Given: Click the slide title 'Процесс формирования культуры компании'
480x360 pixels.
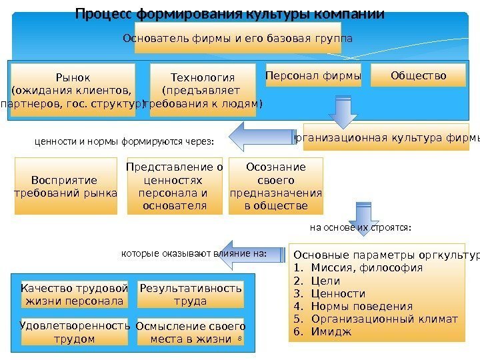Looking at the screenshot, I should (x=230, y=14).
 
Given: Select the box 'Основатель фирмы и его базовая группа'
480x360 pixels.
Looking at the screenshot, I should (x=238, y=39).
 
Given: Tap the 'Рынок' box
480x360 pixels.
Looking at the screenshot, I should (x=73, y=90).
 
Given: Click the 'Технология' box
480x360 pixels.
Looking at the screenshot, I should (x=203, y=90).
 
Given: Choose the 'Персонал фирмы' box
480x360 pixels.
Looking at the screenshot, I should (x=313, y=76).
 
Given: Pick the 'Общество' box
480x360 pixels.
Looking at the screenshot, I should (x=418, y=76).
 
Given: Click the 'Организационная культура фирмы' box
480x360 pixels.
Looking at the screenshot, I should (x=386, y=138).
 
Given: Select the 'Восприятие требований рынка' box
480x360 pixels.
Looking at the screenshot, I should (x=65, y=186).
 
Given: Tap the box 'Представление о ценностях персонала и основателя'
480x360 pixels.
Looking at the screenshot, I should (x=175, y=186).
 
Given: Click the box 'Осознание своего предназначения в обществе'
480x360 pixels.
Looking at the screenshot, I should (x=275, y=186).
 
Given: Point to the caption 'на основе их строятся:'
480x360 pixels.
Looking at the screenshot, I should (x=361, y=227).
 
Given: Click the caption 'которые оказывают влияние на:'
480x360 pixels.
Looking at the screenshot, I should (x=193, y=253).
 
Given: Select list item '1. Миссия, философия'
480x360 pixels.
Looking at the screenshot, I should (x=358, y=268).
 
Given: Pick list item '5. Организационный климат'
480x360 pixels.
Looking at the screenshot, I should (x=376, y=319).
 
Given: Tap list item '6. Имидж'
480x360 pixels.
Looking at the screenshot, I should (x=322, y=331).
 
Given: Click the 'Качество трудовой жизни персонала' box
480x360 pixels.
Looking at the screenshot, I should (x=74, y=295).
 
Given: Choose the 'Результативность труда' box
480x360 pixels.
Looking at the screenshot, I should (x=191, y=295).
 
